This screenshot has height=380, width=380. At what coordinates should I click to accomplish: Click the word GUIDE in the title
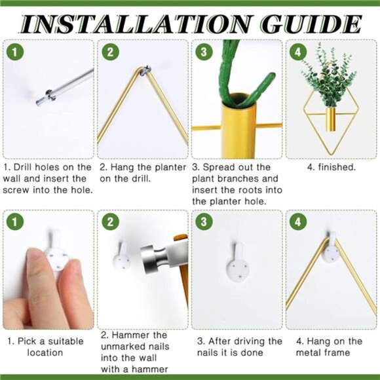coord(312,24)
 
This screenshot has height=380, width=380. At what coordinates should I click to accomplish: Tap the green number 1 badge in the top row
coord(15,52)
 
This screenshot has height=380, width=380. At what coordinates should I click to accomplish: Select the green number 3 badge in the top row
coord(204,52)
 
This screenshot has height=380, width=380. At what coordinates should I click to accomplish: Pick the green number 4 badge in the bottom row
coord(298,221)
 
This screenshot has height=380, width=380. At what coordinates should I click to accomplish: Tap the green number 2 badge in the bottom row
coord(110,221)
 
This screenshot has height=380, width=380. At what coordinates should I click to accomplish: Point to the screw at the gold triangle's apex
coord(147,70)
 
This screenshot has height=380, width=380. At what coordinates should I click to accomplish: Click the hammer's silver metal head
coord(153,259)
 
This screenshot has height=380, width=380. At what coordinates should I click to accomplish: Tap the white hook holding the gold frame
coord(332,250)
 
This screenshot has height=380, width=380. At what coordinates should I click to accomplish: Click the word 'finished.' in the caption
coord(337,167)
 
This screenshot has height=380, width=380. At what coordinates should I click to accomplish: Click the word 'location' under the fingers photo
coord(45,352)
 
